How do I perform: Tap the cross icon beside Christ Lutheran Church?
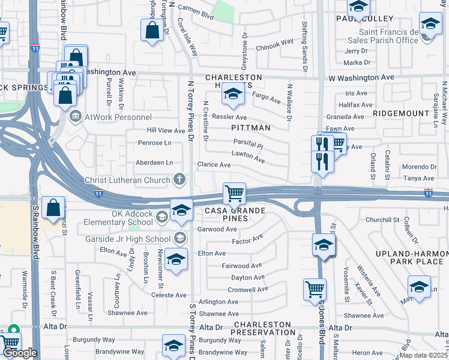point(178,179)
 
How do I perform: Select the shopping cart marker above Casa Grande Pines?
point(234,194)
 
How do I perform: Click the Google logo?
point(19,353)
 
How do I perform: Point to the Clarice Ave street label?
point(214,164)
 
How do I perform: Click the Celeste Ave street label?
point(169,295)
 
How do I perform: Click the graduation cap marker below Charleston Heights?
point(233,94)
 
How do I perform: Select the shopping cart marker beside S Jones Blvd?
point(315,290)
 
